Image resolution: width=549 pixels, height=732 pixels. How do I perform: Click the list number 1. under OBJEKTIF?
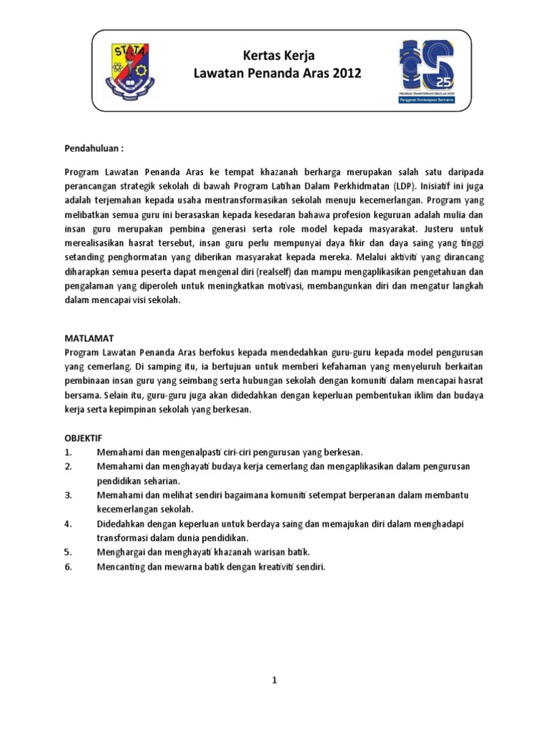coord(68,452)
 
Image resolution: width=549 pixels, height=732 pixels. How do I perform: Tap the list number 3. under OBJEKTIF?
coord(68,495)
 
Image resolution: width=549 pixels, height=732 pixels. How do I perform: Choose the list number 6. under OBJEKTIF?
coord(68,566)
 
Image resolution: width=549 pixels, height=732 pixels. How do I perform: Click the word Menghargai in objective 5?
coord(121,552)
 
